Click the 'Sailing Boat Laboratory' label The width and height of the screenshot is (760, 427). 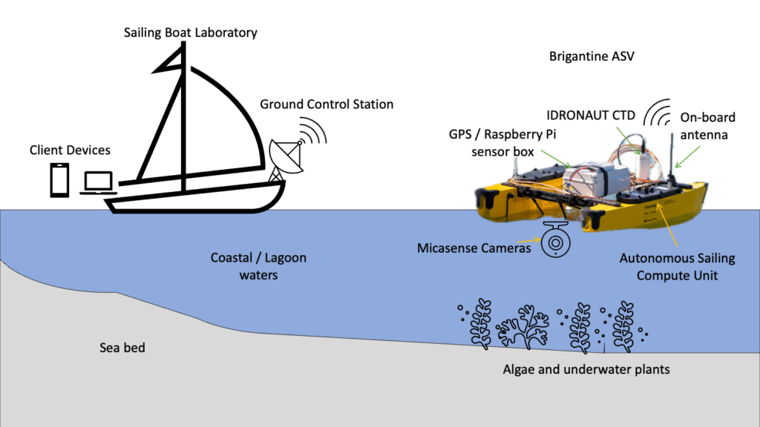(x=191, y=33)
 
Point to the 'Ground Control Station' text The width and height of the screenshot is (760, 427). (x=327, y=104)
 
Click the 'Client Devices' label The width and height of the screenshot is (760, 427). (x=70, y=150)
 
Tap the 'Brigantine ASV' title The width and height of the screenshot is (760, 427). (x=592, y=56)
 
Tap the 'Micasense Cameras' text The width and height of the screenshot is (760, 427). (x=474, y=248)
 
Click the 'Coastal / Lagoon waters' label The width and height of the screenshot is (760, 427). (x=258, y=266)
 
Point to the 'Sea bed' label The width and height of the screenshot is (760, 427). (x=122, y=348)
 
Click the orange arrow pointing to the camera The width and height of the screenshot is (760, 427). (x=529, y=242)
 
